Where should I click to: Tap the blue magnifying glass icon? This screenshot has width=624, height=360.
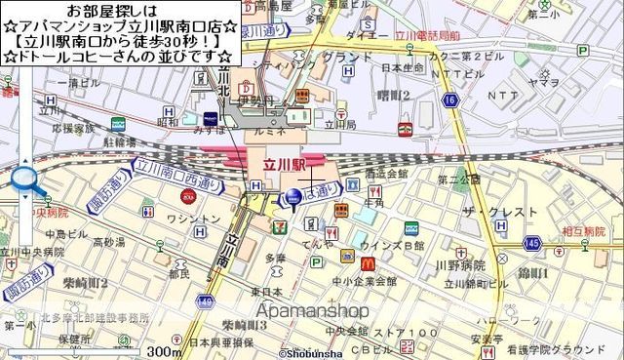(x=25, y=180)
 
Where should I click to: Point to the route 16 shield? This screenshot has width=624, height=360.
(x=449, y=100)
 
